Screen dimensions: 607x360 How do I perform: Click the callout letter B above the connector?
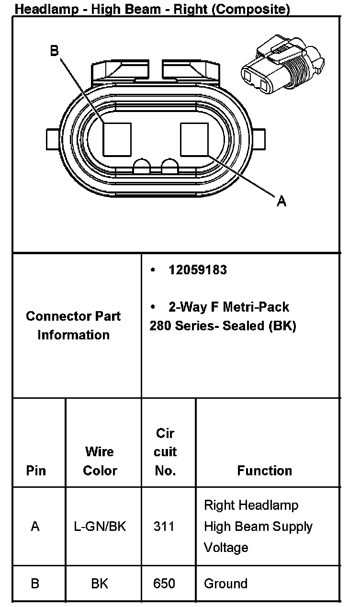(55, 51)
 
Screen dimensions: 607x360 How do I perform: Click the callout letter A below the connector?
(282, 202)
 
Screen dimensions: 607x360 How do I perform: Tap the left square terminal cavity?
(117, 139)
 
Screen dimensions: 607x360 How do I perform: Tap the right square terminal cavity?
(194, 139)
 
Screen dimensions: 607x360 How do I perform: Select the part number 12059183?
(198, 270)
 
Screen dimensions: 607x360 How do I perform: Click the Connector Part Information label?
(73, 326)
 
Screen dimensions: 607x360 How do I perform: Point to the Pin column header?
(36, 471)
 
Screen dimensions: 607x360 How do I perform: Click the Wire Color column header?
(100, 461)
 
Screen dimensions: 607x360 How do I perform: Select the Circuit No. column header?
(165, 452)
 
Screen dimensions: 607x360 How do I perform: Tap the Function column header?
(264, 471)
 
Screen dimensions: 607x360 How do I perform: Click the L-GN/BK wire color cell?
(100, 527)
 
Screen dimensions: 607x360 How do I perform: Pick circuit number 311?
(164, 527)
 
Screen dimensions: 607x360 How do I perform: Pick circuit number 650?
(164, 584)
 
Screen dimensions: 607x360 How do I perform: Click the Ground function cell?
(225, 584)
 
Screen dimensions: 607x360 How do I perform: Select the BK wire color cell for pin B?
(100, 584)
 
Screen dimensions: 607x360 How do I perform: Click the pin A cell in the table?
(35, 527)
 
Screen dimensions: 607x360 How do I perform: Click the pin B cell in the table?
(35, 584)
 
